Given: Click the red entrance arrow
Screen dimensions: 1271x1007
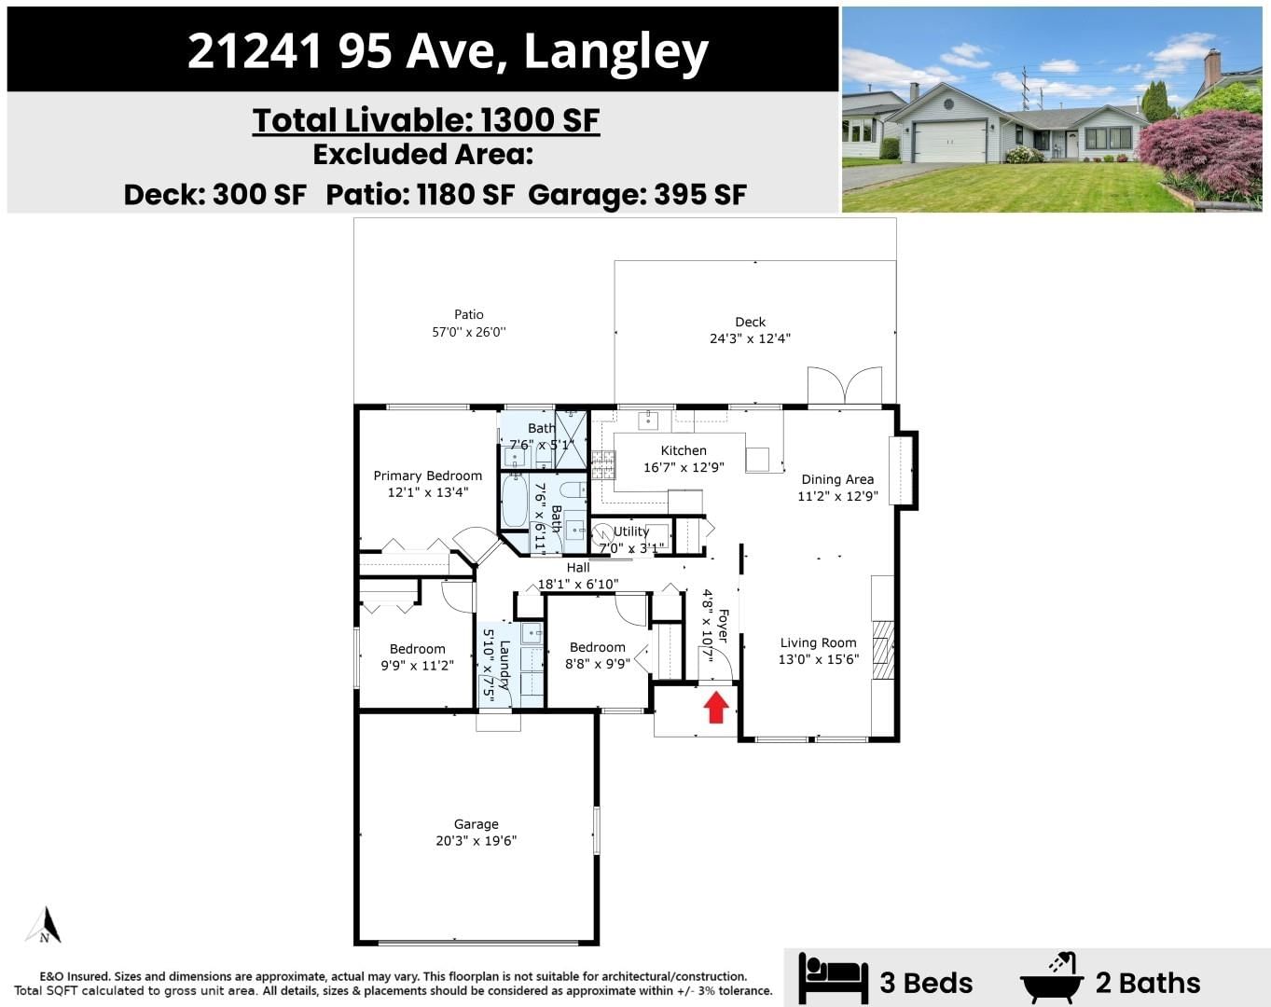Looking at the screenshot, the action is coord(715,708).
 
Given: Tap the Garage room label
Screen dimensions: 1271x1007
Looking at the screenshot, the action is coord(476,824).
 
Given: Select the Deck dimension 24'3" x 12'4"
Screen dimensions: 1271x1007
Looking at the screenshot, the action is coord(750,338).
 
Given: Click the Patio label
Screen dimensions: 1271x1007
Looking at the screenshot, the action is coord(469,314).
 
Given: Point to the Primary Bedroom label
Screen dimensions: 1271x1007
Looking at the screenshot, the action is coord(428,476).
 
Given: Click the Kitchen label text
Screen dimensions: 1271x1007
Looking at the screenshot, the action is coord(684,450).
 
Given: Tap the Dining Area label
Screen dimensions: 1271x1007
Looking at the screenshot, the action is coord(837,479).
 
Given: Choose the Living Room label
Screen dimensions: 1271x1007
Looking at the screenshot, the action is coord(818,642).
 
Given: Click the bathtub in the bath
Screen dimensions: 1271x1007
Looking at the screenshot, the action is coord(514,502).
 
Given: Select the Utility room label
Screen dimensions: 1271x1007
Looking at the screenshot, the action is coord(630,531).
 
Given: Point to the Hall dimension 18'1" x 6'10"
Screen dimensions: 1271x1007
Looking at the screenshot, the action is coord(578,584).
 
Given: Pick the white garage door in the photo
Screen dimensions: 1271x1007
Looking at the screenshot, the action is coord(949,142).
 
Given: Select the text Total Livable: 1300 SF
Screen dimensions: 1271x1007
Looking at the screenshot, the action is coord(426,120).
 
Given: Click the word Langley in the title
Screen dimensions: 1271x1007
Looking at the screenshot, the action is coord(616,52).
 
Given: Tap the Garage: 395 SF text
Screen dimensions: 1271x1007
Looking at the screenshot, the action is coord(637,194).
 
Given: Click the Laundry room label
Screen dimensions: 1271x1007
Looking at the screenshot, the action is coord(504,665).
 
